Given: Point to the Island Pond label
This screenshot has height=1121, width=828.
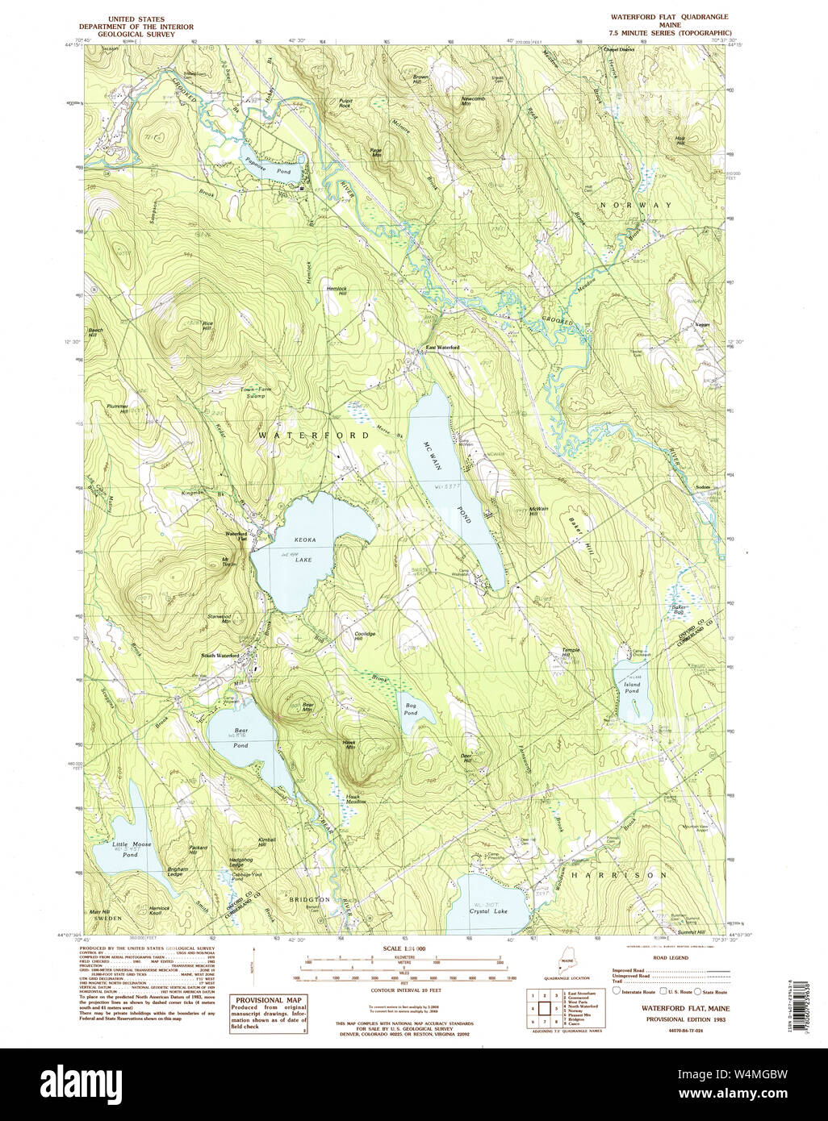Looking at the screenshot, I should coord(631,686).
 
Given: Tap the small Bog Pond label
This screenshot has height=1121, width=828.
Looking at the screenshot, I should coord(411,709).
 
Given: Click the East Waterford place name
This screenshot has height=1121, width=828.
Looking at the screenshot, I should coord(442,348).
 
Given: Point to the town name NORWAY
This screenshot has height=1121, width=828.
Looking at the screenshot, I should coord(635,206).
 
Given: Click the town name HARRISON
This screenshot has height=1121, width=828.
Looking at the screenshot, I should coord(618,874).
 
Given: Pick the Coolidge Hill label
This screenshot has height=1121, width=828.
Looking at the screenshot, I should coord(366,636).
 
